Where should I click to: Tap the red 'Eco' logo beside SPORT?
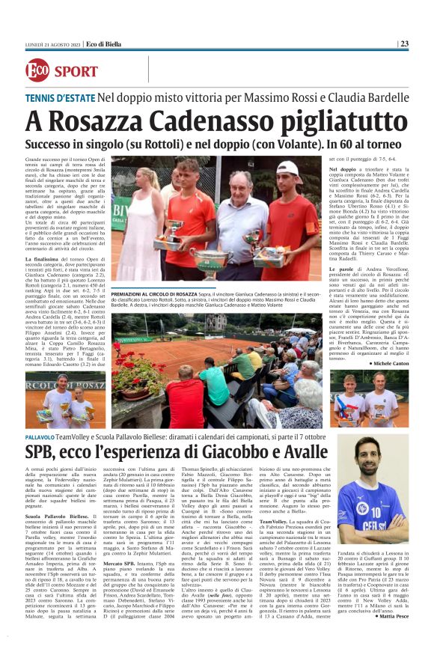pos(36,71)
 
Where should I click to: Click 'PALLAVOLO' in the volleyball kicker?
pos(40,436)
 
